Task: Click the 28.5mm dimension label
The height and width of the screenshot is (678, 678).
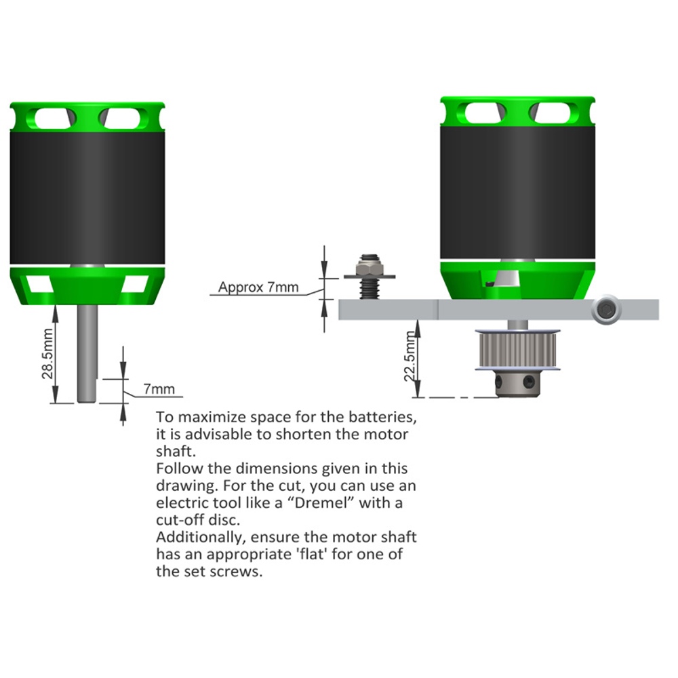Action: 47,354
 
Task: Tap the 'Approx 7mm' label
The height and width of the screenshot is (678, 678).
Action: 258,287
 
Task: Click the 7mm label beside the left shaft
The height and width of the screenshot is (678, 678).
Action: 159,388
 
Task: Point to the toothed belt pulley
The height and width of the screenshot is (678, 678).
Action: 517,350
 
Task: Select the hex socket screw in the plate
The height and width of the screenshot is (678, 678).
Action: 606,310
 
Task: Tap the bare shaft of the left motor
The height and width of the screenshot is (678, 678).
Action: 87,354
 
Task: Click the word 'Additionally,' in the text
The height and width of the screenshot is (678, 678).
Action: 201,538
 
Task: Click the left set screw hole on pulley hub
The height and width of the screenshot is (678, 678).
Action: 500,382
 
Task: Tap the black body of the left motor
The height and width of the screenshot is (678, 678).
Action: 87,197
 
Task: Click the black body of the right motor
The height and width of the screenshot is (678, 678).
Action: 517,192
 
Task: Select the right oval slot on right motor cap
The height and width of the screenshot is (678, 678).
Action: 550,113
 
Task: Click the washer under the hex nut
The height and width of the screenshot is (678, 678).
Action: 370,277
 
